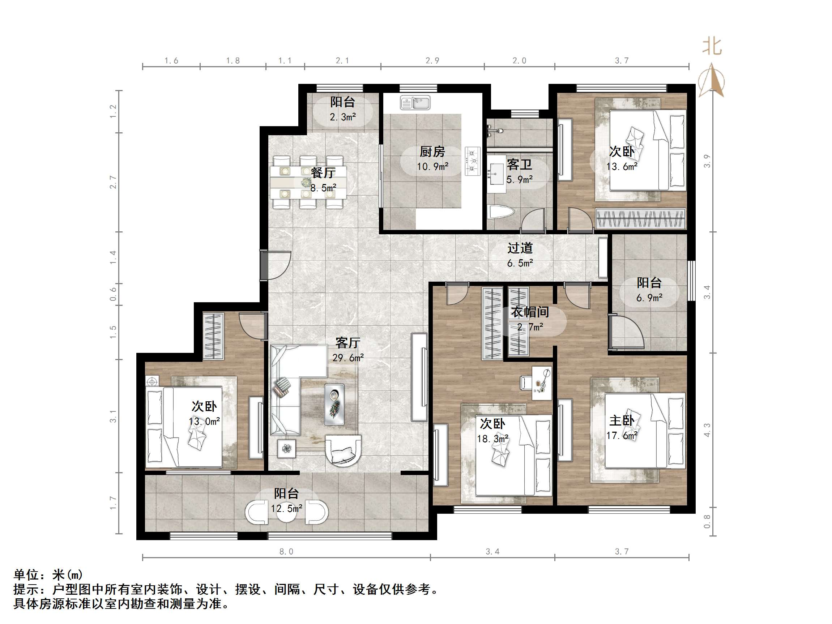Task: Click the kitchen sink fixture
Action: (415, 103)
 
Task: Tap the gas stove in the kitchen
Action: (473, 161)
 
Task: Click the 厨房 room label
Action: (432, 152)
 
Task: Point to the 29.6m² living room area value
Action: (348, 358)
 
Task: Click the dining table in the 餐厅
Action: (308, 183)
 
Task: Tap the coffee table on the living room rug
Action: (334, 404)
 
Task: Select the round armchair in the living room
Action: (343, 450)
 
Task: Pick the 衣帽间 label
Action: (529, 312)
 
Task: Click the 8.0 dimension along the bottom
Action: (286, 551)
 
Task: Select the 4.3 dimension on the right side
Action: (707, 430)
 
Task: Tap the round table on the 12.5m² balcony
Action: (287, 513)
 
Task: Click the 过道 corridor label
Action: (520, 248)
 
